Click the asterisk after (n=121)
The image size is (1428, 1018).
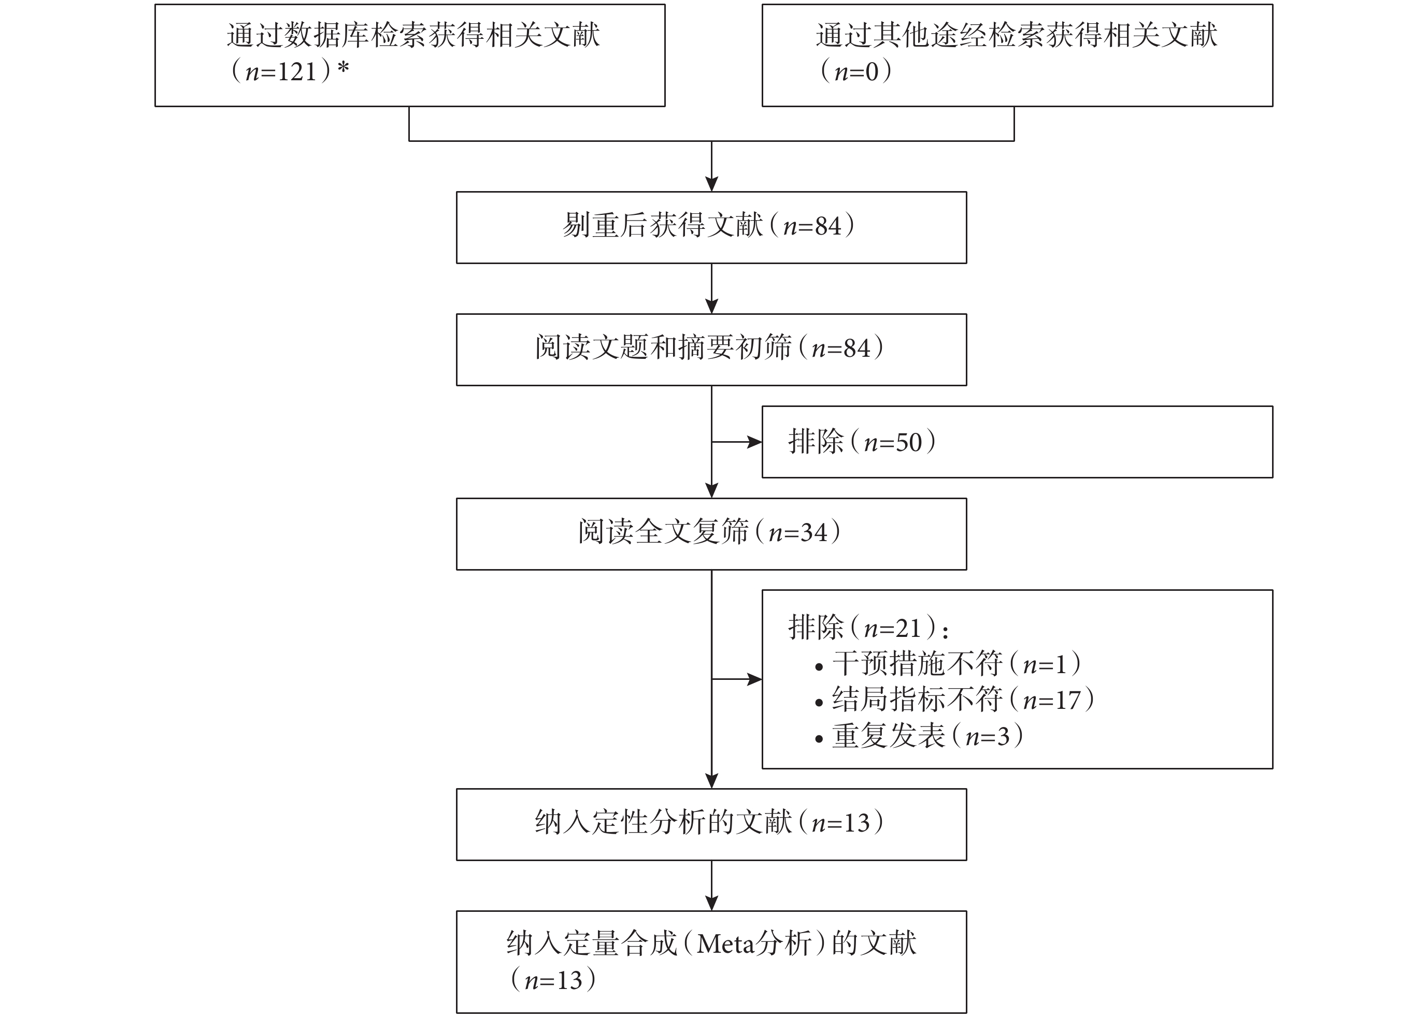pyautogui.click(x=343, y=68)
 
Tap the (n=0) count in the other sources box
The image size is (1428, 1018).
pyautogui.click(x=856, y=71)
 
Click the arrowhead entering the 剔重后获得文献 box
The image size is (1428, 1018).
pyautogui.click(x=711, y=184)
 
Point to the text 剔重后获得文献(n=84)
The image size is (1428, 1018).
pyautogui.click(x=709, y=225)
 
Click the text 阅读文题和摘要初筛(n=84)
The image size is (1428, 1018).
pyautogui.click(x=709, y=347)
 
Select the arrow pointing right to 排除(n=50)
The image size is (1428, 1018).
pyautogui.click(x=737, y=442)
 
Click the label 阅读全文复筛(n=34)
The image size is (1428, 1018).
pyautogui.click(x=709, y=532)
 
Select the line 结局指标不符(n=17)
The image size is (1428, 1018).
pyautogui.click(x=963, y=699)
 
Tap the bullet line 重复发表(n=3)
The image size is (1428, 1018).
pyautogui.click(x=927, y=735)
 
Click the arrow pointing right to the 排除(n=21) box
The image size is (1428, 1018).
pyautogui.click(x=737, y=679)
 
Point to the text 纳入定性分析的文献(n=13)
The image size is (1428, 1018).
pyautogui.click(x=709, y=822)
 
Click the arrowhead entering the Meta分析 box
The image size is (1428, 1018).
pyautogui.click(x=711, y=903)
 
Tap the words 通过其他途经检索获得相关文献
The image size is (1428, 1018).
pyautogui.click(x=1017, y=35)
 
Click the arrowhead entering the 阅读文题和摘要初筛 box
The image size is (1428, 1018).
pyautogui.click(x=711, y=306)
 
